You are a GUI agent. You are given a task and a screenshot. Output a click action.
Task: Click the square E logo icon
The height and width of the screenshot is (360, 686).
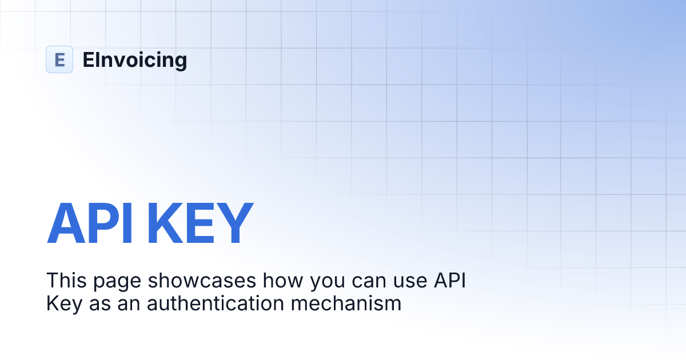pyautogui.click(x=59, y=59)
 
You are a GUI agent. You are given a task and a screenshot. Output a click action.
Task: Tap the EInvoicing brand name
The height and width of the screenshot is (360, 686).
pyautogui.click(x=134, y=59)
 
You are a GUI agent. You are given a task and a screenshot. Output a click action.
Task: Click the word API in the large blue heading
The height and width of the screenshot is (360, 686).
pyautogui.click(x=90, y=224)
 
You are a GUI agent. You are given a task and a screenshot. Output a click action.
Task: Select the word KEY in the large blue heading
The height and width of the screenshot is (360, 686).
pyautogui.click(x=200, y=224)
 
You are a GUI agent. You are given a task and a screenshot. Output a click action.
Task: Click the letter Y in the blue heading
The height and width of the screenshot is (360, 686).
pyautogui.click(x=234, y=224)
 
